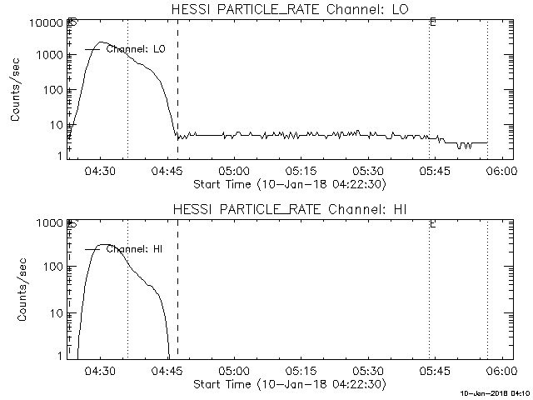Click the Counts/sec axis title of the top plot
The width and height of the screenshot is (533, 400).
tap(16, 91)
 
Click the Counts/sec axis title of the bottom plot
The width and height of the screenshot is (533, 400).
tap(16, 290)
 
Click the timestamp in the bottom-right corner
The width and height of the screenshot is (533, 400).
tap(495, 393)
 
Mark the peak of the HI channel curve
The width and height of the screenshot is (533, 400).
tap(102, 245)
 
